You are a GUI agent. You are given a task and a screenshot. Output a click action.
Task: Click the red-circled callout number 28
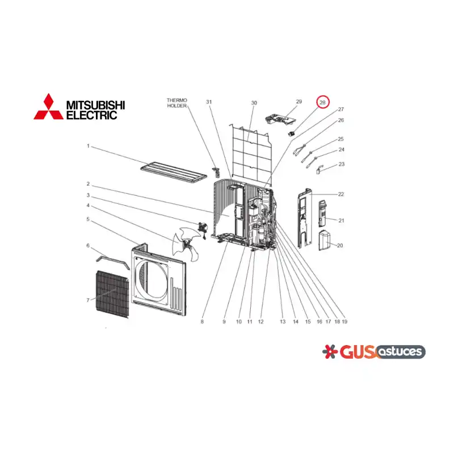click(322, 103)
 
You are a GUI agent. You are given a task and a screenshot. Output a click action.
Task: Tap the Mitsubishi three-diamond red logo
click(48, 107)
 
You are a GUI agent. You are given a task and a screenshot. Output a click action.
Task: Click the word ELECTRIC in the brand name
click(92, 115)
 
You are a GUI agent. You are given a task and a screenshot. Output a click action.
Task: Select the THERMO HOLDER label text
click(177, 103)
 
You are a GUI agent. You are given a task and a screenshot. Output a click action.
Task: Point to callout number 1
click(89, 146)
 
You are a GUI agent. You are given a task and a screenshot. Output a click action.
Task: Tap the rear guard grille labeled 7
click(112, 294)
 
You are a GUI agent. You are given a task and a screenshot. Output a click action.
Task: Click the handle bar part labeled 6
click(113, 260)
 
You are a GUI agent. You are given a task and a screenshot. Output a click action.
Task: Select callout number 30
click(254, 103)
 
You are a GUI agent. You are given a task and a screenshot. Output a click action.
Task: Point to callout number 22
click(341, 194)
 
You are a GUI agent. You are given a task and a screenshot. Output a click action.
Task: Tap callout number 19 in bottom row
click(344, 322)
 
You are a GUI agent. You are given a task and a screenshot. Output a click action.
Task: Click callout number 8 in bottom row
click(202, 322)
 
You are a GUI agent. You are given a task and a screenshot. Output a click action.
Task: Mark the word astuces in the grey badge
click(400, 352)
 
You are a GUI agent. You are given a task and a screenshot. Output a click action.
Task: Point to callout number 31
click(209, 102)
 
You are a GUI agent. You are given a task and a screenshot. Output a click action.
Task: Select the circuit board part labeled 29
click(280, 120)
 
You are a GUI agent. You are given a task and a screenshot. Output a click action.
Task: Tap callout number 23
click(342, 164)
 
